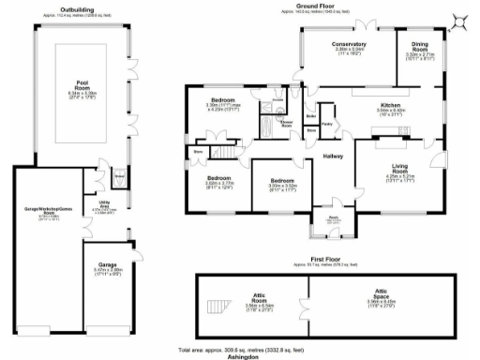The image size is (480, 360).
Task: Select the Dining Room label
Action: pos(419,45)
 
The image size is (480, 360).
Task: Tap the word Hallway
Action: pos(333,157)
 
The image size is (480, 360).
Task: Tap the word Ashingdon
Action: pos(242,356)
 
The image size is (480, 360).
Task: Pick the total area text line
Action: pos(242,349)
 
